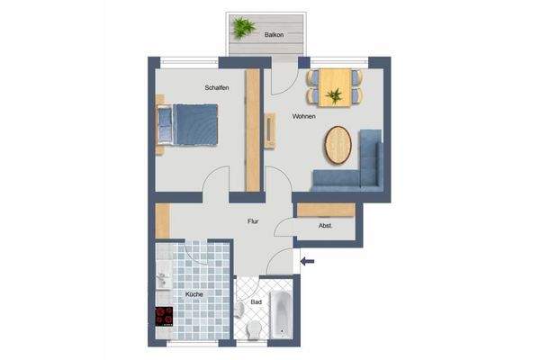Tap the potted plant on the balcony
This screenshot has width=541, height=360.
(x=241, y=28)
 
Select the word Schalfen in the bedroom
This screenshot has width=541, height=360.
(x=216, y=87)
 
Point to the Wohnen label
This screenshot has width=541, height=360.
(x=303, y=117)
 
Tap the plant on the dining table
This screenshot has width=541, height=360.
(x=334, y=94)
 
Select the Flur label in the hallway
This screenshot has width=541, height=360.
(x=255, y=220)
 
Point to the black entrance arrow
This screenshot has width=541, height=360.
(x=308, y=262)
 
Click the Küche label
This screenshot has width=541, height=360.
(x=194, y=294)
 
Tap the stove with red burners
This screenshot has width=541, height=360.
(x=164, y=316)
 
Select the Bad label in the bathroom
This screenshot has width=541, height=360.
(x=257, y=302)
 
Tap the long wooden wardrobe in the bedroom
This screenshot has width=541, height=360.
(x=253, y=130)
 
